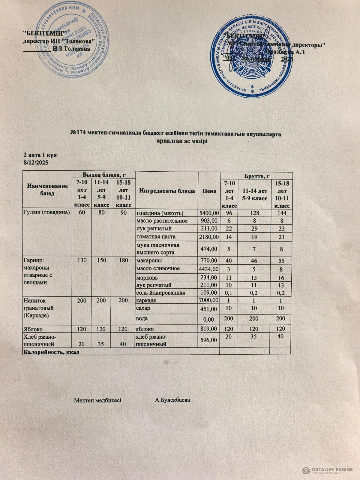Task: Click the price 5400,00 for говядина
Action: coord(209,213)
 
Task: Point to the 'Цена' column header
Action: coord(209,191)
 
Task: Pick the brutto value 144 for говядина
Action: coord(282,213)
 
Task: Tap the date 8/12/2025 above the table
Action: coord(36,163)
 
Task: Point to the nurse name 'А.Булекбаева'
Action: coord(172,400)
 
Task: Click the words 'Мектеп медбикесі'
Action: coord(97,400)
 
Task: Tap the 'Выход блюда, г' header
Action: coord(104,175)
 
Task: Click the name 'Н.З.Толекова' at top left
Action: coord(71,48)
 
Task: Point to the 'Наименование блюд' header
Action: coord(47,190)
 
